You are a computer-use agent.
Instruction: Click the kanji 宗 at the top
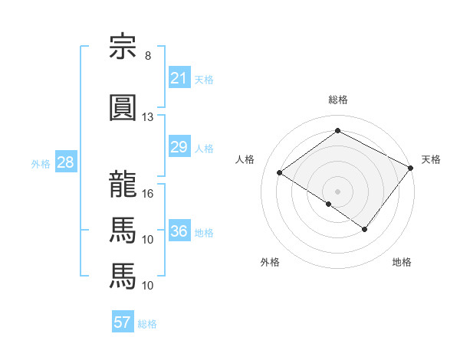pyautogui.click(x=123, y=46)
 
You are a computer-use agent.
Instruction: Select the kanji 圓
pyautogui.click(x=123, y=107)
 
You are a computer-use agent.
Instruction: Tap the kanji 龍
pyautogui.click(x=123, y=184)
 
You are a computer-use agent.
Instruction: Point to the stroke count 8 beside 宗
pyautogui.click(x=148, y=56)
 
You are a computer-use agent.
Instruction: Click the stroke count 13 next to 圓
pyautogui.click(x=147, y=117)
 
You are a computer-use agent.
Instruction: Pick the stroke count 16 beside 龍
pyautogui.click(x=147, y=194)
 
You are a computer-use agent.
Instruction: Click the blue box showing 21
pyautogui.click(x=179, y=77)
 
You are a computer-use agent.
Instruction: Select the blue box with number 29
pyautogui.click(x=179, y=146)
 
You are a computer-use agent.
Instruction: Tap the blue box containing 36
pyautogui.click(x=179, y=230)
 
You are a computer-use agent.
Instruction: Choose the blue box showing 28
pyautogui.click(x=66, y=162)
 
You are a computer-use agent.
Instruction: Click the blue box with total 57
pyautogui.click(x=123, y=321)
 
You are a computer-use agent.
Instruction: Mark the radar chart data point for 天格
pyautogui.click(x=410, y=168)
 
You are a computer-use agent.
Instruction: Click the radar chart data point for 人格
pyautogui.click(x=280, y=172)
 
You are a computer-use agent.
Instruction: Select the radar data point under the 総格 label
pyautogui.click(x=337, y=130)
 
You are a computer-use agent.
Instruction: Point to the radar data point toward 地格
pyautogui.click(x=364, y=229)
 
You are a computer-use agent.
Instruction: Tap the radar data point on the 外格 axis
pyautogui.click(x=329, y=204)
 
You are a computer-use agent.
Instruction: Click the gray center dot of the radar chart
pyautogui.click(x=337, y=191)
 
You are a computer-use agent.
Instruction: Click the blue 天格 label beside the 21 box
pyautogui.click(x=204, y=80)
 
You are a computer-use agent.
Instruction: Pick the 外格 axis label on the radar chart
pyautogui.click(x=270, y=262)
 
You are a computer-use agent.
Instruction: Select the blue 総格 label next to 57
pyautogui.click(x=147, y=324)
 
